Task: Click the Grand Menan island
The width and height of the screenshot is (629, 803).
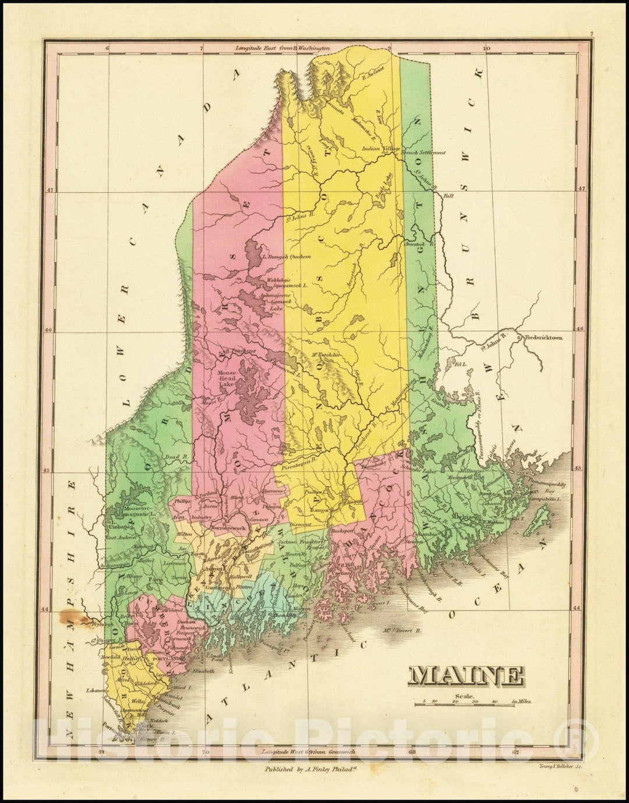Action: pyautogui.click(x=539, y=514)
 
